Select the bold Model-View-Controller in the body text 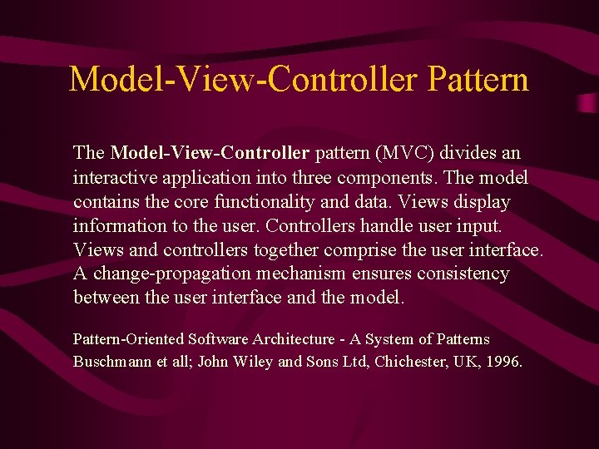point(210,154)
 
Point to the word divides point(470,154)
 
